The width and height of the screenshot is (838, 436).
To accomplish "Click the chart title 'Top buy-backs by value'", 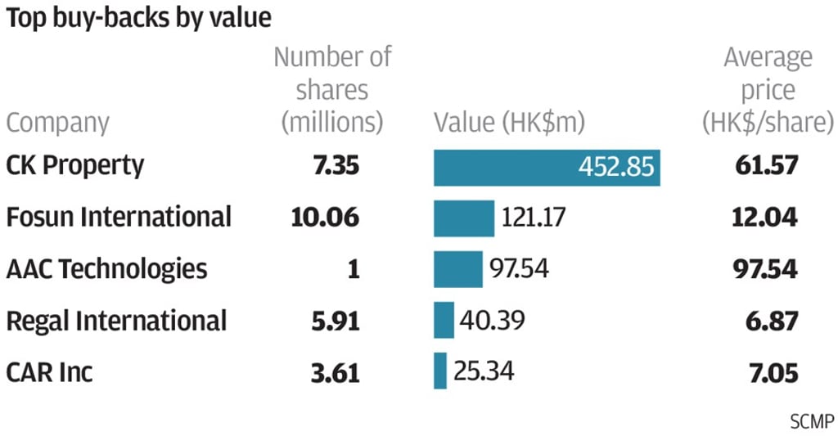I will pos(138,17).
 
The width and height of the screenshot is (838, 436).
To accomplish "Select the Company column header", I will pos(57,123).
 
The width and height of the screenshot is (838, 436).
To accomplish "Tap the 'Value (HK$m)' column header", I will pos(510,123).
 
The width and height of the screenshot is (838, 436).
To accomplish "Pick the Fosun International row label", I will pos(119,218).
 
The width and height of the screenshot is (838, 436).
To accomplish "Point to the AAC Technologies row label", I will pos(106,269).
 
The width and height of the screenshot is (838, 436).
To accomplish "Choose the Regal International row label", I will pos(115,321).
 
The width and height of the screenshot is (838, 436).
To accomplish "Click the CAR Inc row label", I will pos(49,372).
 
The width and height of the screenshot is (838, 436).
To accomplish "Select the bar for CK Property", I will pos(547,167).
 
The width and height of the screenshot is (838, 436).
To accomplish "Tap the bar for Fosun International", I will pos(464,218).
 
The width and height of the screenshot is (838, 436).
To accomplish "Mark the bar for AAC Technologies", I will pos(458,269).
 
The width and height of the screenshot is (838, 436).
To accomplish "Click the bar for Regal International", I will pos(444,320).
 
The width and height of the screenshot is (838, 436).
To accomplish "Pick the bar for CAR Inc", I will pos(440,371).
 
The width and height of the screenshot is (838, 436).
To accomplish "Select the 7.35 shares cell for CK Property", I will pos(336,166).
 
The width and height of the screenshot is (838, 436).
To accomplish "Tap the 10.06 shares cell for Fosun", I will pos(325,218).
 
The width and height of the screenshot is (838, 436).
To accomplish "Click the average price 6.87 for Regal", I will pos(773,321).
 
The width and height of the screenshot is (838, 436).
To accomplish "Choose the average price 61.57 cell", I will pos(765,166).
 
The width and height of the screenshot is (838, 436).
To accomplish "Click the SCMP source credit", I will pos(812,422).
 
